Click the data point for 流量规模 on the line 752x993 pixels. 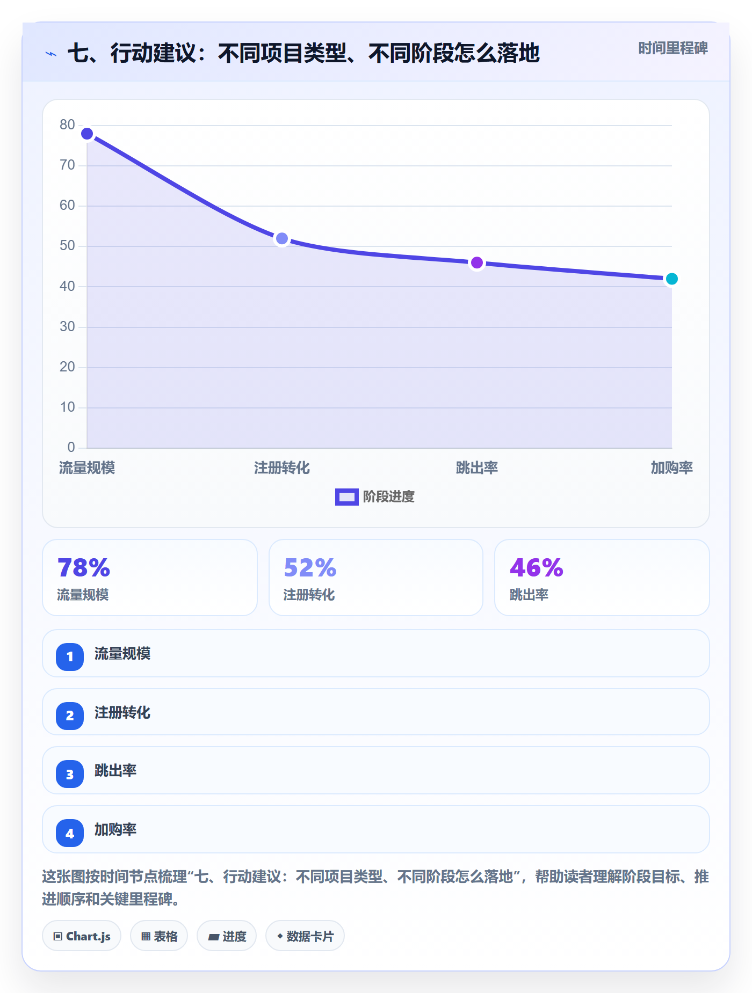pyautogui.click(x=87, y=134)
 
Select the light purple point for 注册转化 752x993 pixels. pyautogui.click(x=282, y=238)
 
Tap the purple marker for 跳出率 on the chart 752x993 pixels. pyautogui.click(x=477, y=263)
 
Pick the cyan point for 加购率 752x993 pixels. pyautogui.click(x=671, y=279)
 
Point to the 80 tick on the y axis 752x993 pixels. pyautogui.click(x=67, y=125)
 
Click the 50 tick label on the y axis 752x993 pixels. pyautogui.click(x=67, y=246)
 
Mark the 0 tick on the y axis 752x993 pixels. pyautogui.click(x=71, y=447)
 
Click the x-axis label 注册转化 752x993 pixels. pyautogui.click(x=282, y=468)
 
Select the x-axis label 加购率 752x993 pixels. pyautogui.click(x=671, y=468)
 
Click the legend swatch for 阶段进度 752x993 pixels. pyautogui.click(x=347, y=497)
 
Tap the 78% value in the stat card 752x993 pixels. pyautogui.click(x=84, y=568)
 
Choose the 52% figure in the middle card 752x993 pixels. pyautogui.click(x=310, y=568)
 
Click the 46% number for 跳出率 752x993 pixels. pyautogui.click(x=536, y=568)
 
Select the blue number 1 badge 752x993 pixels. pyautogui.click(x=70, y=656)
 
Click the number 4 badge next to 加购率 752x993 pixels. pyautogui.click(x=70, y=833)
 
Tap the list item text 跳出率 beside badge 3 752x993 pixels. pyautogui.click(x=115, y=771)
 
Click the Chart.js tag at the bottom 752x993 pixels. pyautogui.click(x=82, y=936)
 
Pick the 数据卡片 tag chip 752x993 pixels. pyautogui.click(x=305, y=936)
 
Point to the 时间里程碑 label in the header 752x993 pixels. pyautogui.click(x=673, y=48)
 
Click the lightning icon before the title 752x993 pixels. pyautogui.click(x=51, y=54)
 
